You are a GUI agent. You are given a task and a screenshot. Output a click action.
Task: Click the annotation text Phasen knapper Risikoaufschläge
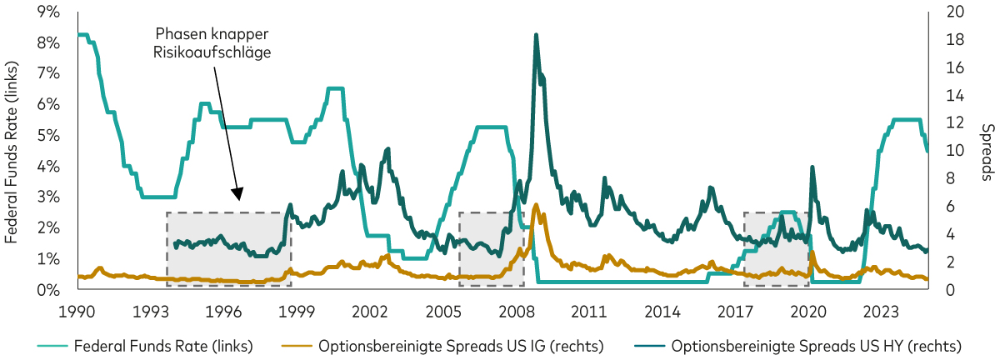[214, 42]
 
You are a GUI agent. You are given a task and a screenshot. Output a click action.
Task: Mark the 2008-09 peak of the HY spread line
[536, 35]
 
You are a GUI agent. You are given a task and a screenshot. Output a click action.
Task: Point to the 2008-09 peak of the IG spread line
[536, 205]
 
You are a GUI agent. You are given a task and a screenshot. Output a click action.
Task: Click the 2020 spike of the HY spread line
[812, 167]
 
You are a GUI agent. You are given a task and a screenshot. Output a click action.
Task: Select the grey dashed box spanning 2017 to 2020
[776, 249]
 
